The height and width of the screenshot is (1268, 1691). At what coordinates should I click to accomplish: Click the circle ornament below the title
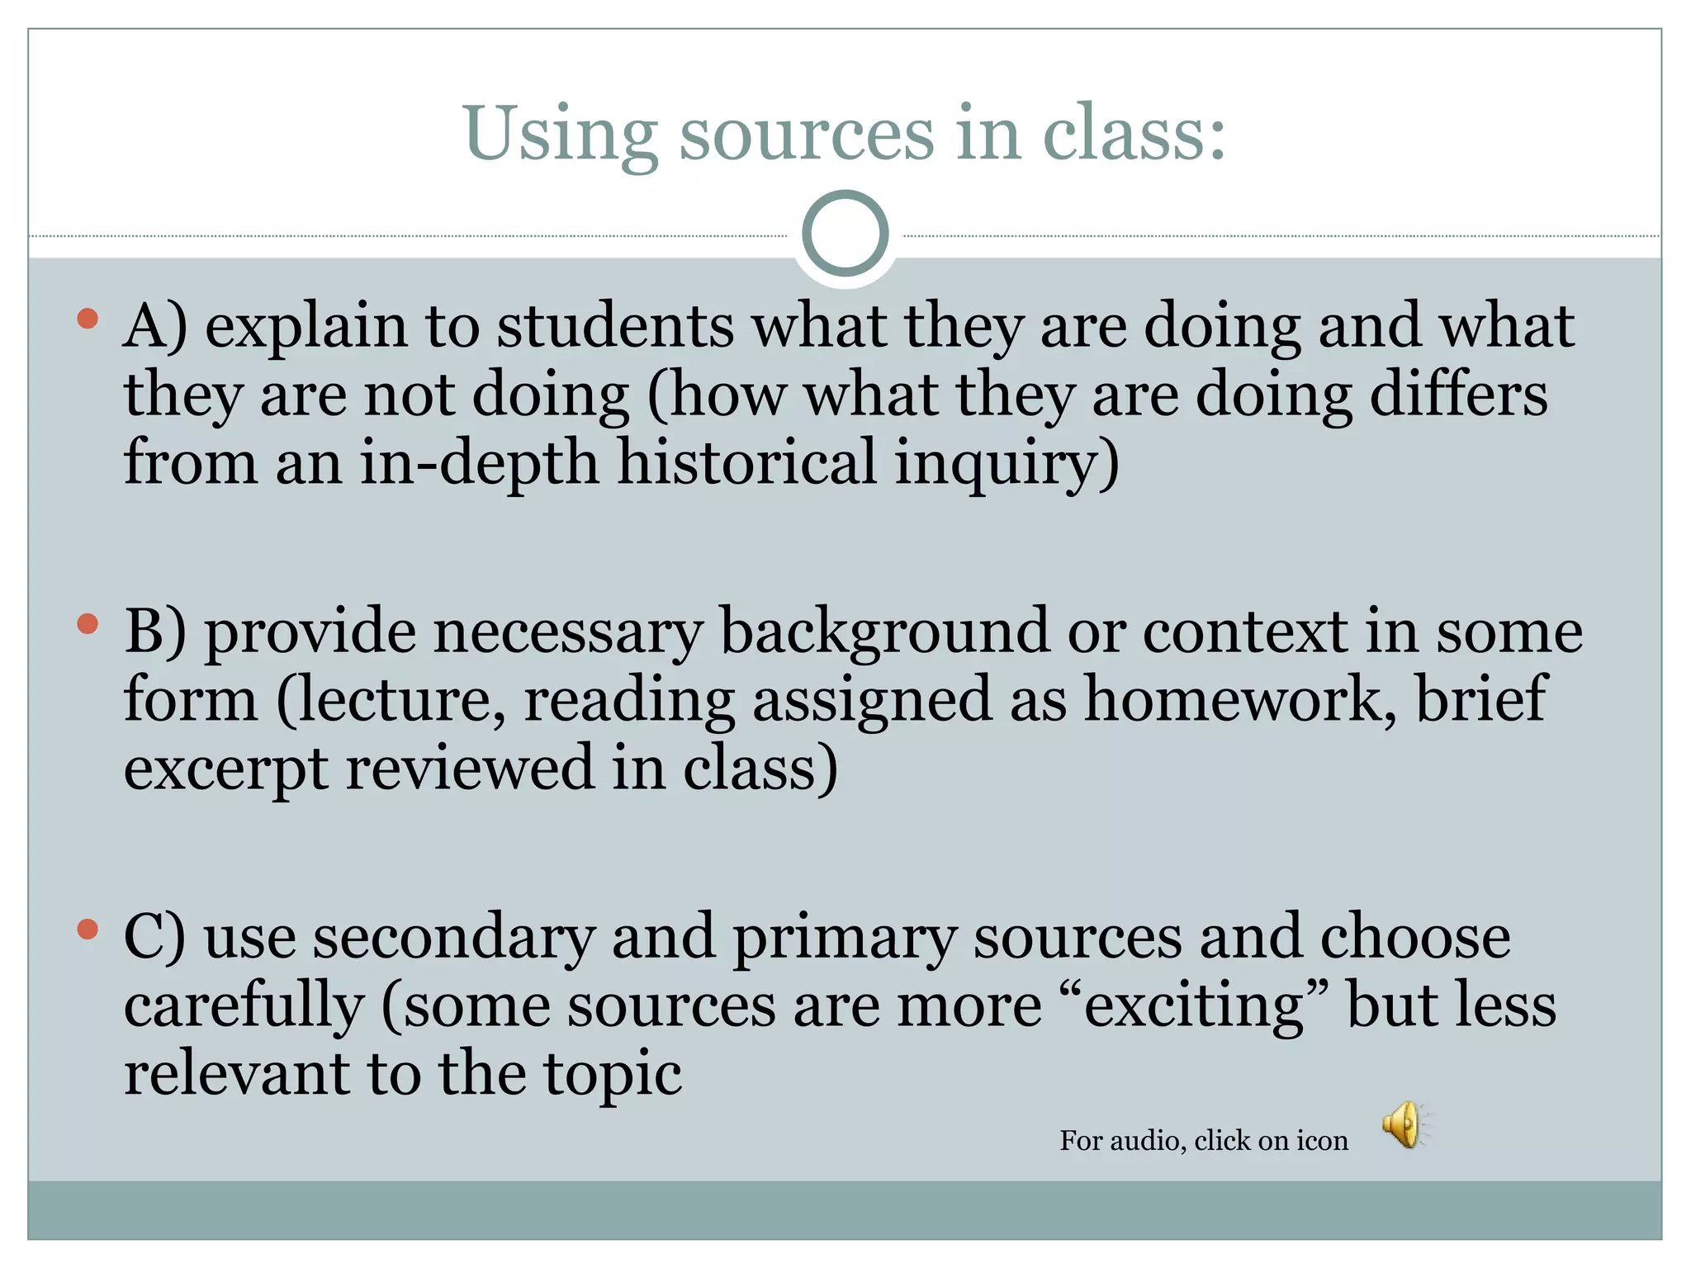[845, 234]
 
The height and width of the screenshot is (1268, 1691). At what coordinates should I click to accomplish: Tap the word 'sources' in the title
[807, 134]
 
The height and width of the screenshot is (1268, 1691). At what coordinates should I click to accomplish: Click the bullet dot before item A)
[88, 319]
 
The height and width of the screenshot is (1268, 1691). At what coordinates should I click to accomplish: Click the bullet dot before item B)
[88, 624]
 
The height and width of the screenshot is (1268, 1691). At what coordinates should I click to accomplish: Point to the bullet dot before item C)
[88, 930]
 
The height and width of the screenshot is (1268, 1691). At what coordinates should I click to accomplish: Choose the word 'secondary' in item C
[454, 938]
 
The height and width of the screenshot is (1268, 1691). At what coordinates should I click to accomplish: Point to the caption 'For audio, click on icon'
[1204, 1140]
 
